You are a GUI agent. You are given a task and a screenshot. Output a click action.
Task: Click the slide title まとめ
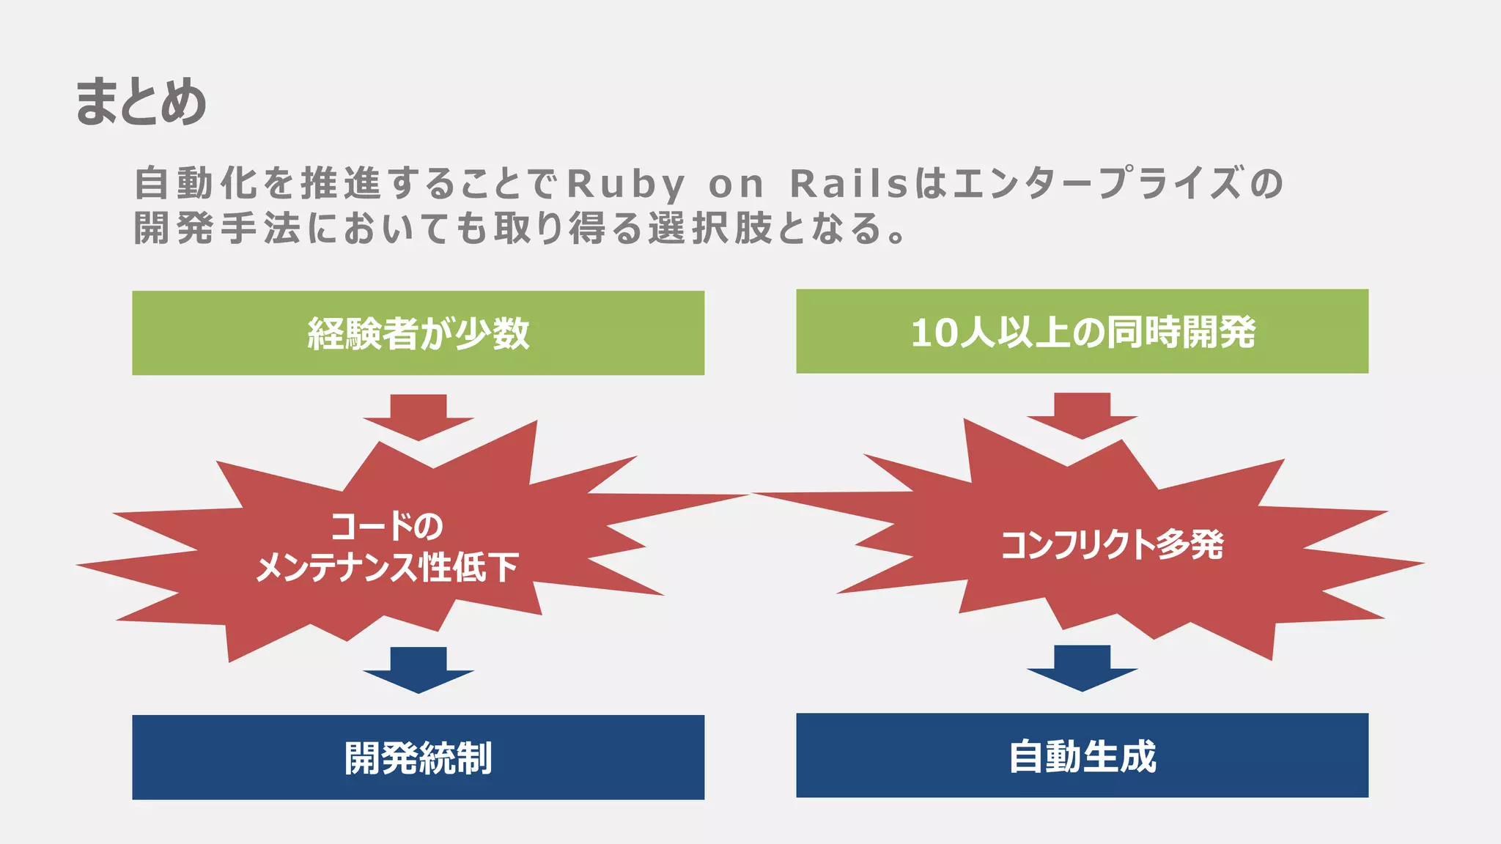click(x=140, y=101)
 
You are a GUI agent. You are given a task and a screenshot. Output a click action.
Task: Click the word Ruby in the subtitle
click(x=627, y=183)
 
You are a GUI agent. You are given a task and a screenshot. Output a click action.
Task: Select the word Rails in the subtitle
click(x=849, y=183)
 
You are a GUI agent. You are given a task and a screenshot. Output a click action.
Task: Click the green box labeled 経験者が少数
click(x=418, y=333)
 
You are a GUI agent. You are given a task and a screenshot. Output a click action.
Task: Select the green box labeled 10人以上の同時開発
click(x=1082, y=331)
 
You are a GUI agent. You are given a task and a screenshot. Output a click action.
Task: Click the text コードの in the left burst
click(x=386, y=526)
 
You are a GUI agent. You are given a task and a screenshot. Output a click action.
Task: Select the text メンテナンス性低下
click(x=387, y=567)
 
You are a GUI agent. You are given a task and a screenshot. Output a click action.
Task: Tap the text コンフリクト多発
click(x=1112, y=544)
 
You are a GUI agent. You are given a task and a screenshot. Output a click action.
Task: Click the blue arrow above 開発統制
click(x=418, y=668)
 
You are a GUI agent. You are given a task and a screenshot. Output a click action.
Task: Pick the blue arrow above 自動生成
click(x=1082, y=667)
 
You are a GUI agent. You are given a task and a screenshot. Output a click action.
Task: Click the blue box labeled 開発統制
click(x=418, y=758)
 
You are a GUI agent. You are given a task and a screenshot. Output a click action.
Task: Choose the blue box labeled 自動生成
click(x=1082, y=755)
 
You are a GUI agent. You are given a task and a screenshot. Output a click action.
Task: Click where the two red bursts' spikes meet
click(x=750, y=495)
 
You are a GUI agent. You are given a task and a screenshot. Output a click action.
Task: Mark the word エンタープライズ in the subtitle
click(x=1096, y=183)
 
